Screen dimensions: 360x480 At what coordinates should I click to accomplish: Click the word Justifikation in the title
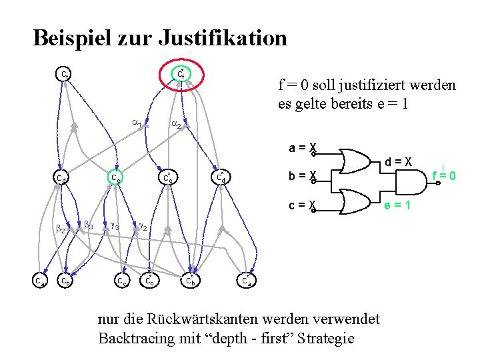(x=223, y=37)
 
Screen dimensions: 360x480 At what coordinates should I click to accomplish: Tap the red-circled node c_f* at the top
(x=180, y=75)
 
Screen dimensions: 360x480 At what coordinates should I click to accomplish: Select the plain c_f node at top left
(x=63, y=73)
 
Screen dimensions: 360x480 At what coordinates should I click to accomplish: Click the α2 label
(x=175, y=124)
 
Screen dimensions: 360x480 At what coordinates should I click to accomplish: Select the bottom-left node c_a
(x=40, y=281)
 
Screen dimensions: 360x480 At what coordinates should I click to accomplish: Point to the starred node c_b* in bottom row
(x=189, y=281)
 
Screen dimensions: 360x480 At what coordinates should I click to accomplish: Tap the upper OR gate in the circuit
(x=356, y=160)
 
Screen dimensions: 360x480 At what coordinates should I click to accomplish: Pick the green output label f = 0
(x=443, y=176)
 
